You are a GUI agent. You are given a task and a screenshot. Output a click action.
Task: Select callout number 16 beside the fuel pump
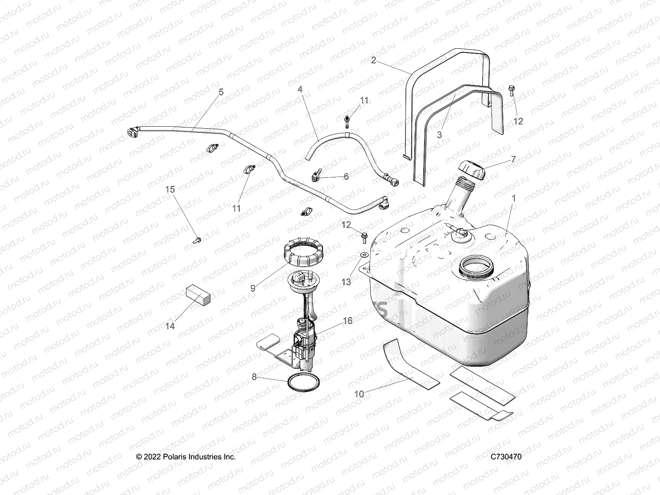pyautogui.click(x=348, y=321)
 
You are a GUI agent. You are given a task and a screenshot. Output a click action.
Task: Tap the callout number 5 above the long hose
pyautogui.click(x=221, y=92)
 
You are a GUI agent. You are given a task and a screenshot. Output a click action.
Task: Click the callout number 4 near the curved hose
pyautogui.click(x=300, y=89)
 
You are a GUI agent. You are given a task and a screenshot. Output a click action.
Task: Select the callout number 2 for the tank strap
pyautogui.click(x=373, y=60)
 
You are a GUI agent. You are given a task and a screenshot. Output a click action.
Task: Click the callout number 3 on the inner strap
pyautogui.click(x=439, y=134)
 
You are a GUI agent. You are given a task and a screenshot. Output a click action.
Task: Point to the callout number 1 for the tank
pyautogui.click(x=514, y=198)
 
